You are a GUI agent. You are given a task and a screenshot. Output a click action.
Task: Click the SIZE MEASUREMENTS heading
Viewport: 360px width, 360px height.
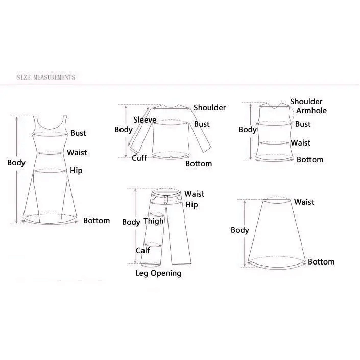45,77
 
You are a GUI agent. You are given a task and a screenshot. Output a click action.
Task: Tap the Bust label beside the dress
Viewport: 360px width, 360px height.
78,133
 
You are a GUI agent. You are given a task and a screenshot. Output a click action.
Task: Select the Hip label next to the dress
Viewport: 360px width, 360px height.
76,171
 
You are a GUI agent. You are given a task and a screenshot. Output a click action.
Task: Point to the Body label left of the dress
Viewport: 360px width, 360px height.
16,163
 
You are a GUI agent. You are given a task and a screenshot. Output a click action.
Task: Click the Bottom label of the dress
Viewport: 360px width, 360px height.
97,221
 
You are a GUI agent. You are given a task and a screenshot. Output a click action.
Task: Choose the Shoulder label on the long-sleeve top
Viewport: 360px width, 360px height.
209,108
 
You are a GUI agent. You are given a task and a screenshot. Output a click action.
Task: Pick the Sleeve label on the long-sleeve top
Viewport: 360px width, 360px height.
145,120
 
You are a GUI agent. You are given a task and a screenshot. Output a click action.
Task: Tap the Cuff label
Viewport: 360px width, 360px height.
139,158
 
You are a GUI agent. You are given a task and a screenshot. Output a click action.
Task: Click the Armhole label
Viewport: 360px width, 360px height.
311,111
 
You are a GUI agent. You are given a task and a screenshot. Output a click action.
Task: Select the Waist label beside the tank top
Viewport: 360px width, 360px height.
301,143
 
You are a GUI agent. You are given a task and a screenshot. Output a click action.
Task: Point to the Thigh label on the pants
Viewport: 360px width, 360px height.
153,221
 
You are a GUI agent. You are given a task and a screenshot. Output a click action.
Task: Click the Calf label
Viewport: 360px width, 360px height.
143,250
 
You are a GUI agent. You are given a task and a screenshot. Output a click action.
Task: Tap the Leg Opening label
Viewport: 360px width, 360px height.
158,273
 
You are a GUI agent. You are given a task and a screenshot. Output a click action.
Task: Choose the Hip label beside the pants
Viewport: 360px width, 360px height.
191,205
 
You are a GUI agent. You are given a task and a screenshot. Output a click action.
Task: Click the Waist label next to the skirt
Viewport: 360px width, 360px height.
304,202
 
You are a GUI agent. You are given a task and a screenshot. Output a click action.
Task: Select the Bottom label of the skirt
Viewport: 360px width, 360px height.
321,262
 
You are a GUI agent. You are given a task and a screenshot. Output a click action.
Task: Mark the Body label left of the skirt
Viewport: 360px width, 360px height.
240,230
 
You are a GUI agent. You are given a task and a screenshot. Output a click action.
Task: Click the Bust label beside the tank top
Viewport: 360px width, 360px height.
303,124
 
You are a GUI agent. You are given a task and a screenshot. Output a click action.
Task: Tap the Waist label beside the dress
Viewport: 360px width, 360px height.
77,153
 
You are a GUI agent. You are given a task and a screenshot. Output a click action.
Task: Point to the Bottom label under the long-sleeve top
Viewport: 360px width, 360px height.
199,164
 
